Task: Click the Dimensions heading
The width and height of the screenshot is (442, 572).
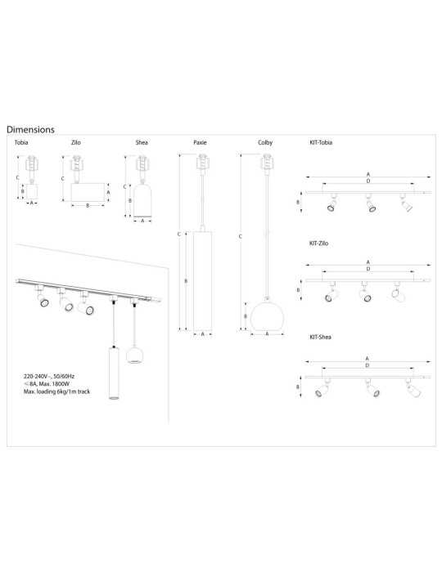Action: tap(30, 129)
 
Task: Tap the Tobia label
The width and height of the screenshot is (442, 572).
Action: tap(21, 143)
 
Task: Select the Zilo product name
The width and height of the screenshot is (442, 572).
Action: tap(75, 143)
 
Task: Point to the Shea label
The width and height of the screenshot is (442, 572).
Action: tap(142, 143)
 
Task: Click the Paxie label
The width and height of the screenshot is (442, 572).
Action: tap(200, 143)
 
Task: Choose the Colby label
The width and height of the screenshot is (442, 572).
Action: tap(265, 143)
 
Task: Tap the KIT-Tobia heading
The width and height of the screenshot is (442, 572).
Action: tap(321, 143)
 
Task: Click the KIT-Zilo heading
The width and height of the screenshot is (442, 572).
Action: tap(319, 244)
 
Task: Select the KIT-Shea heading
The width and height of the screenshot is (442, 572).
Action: tap(320, 337)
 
